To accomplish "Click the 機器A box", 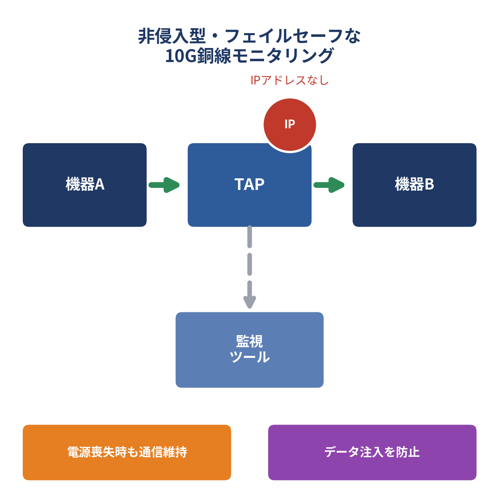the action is click(85, 185).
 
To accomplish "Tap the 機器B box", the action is click(414, 185).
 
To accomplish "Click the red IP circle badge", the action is click(290, 125).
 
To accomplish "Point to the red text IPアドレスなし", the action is click(290, 80).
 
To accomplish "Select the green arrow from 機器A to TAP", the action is click(164, 185).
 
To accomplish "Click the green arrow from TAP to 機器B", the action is click(329, 185).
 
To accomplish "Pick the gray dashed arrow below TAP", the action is click(249, 267).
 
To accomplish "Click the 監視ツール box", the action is click(249, 350).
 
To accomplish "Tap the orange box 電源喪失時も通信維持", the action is click(127, 452).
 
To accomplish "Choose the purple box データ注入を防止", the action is click(372, 452).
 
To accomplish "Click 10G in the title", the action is click(180, 56).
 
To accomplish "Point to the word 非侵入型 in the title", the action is click(172, 36).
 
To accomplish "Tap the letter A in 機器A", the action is click(99, 185).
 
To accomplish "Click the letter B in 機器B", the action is click(429, 185).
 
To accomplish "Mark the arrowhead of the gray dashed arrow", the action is click(249, 302).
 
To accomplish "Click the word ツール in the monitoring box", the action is click(249, 357).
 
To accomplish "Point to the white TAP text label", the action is click(249, 185).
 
